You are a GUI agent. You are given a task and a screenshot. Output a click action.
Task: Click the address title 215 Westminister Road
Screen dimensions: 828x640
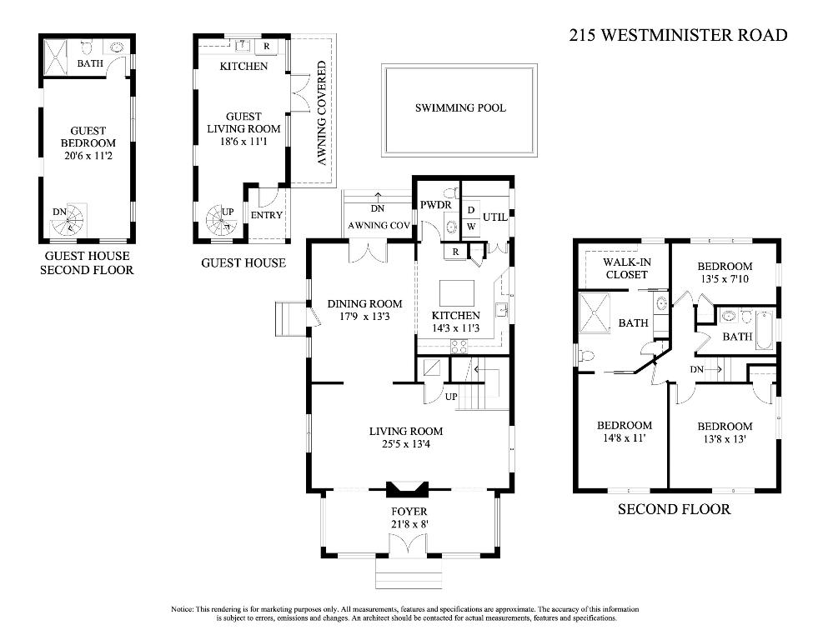[678, 35]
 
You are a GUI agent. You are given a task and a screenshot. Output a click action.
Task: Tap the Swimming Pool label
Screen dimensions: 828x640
[460, 107]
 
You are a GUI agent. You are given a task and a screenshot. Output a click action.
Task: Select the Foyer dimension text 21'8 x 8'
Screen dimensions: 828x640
[409, 524]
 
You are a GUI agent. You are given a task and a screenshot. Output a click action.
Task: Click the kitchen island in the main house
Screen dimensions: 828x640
[457, 293]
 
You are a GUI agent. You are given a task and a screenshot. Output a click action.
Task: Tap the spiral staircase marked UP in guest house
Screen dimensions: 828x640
[221, 222]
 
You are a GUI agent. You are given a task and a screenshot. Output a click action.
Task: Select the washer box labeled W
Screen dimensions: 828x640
[471, 227]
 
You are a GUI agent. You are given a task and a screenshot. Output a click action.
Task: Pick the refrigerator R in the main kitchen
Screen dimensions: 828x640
[455, 252]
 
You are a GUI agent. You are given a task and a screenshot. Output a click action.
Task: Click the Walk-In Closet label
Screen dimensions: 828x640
[626, 268]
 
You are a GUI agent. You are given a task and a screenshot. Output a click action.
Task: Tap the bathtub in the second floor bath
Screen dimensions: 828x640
[763, 331]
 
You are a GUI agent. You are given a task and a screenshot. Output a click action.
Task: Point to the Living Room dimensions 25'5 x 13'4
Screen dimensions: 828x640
[405, 443]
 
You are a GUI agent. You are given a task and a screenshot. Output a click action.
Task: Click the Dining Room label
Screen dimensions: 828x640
[365, 304]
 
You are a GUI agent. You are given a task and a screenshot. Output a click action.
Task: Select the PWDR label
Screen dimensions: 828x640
[435, 205]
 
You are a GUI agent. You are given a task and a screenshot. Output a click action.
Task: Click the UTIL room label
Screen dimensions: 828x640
[494, 217]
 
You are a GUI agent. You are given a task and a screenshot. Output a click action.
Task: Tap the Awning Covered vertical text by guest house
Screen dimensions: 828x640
[321, 112]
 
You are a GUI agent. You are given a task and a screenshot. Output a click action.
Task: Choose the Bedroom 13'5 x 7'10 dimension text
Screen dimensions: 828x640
[725, 278]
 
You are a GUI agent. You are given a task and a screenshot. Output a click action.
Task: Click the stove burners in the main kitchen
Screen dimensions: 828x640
[459, 347]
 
